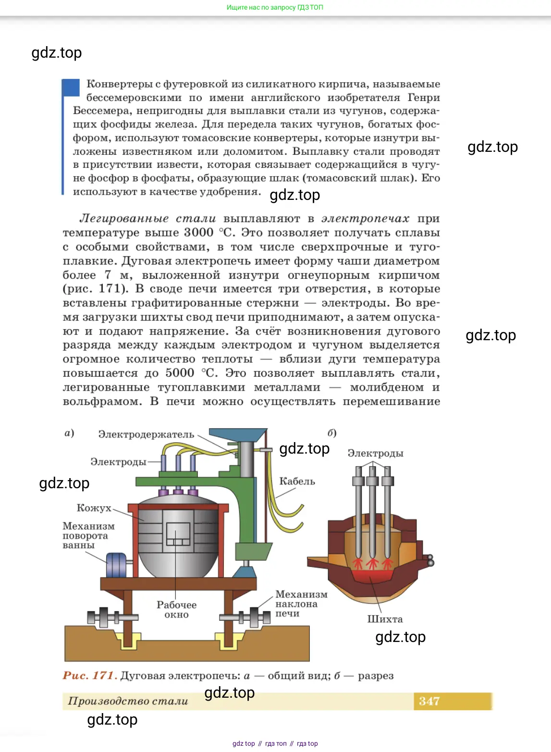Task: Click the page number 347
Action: (429, 701)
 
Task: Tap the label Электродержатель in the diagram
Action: (146, 434)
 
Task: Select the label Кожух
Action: (94, 508)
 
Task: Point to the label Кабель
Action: (297, 481)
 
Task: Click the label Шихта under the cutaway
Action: (385, 619)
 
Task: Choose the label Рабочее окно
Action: (176, 609)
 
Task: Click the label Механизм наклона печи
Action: (301, 604)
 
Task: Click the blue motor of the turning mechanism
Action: (116, 565)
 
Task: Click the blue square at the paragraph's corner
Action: (71, 87)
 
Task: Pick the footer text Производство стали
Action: (128, 701)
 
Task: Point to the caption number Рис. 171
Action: (90, 676)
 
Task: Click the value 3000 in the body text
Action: (199, 233)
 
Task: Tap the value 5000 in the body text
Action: (180, 373)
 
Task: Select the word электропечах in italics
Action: (365, 219)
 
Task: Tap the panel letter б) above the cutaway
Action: (332, 433)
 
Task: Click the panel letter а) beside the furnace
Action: (70, 433)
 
